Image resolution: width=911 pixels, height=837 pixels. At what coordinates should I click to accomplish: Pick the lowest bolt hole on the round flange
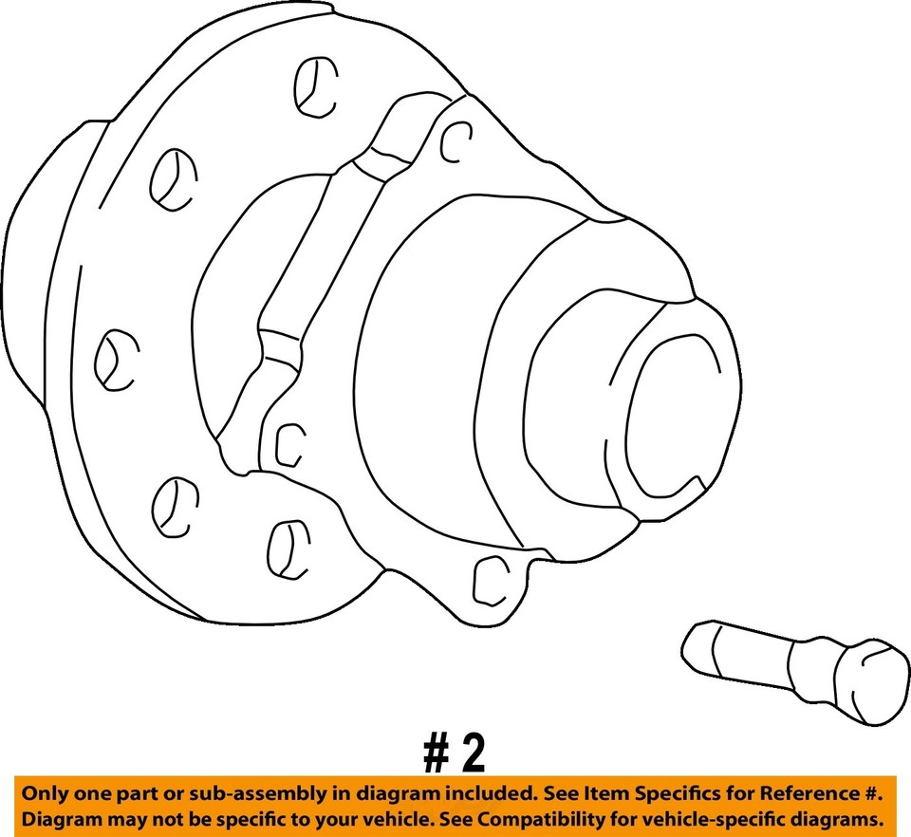point(285,547)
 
